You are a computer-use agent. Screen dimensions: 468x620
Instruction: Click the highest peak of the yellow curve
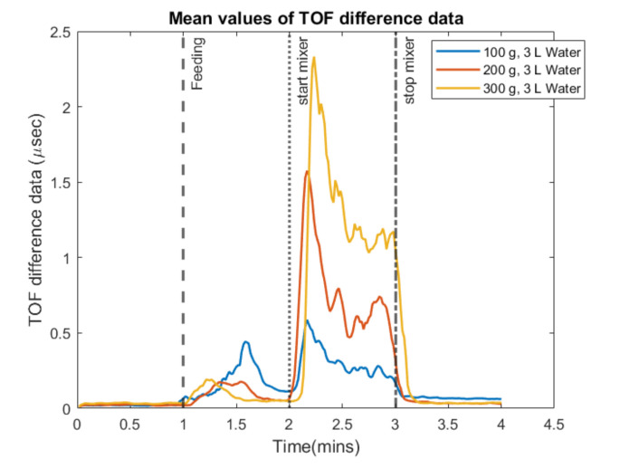(x=314, y=58)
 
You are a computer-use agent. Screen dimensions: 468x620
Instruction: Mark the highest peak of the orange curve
(x=307, y=171)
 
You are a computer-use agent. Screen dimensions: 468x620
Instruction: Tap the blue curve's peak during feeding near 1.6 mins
(x=245, y=342)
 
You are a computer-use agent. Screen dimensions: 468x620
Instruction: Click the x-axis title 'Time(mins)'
(x=315, y=447)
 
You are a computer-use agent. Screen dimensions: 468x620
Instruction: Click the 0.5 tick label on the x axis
(x=129, y=424)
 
